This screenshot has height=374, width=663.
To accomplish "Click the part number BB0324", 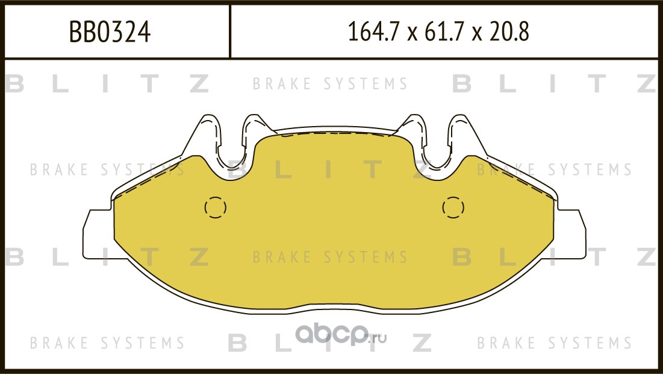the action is click(110, 32).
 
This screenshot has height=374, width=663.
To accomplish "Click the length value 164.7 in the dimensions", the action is click(373, 32).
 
